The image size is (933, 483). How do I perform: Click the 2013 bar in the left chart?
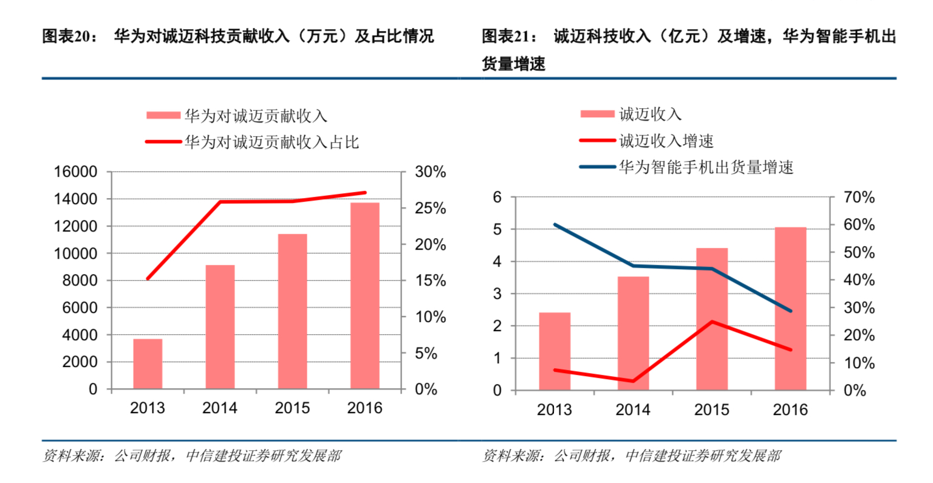point(148,364)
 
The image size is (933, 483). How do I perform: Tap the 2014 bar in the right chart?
point(633,334)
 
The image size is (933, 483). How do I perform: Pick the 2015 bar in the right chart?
point(711,319)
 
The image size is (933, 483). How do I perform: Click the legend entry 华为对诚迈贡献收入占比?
point(272,142)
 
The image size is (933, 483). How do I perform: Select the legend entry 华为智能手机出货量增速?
point(706,167)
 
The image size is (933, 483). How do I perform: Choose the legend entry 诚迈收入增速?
point(666,141)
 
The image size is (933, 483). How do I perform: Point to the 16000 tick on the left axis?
point(75,172)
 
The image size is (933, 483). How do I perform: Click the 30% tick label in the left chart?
point(430,172)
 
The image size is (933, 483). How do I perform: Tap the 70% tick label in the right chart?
point(859,197)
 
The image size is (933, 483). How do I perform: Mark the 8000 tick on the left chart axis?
point(80,281)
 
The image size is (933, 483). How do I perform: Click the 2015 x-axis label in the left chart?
point(292,408)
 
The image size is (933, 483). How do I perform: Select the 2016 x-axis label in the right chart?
point(790,409)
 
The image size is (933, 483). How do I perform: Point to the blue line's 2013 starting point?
point(555,225)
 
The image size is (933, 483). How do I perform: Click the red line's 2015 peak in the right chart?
point(712,321)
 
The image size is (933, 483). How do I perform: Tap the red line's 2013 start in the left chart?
point(148,278)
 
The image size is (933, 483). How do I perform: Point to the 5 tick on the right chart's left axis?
point(497,230)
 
